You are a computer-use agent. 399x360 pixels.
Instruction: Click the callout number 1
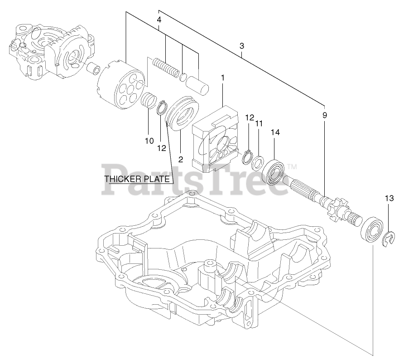tap(223, 78)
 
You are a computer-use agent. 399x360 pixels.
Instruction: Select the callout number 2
tap(180, 159)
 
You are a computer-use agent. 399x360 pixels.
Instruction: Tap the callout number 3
tap(242, 46)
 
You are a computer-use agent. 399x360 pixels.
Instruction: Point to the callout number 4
tap(159, 20)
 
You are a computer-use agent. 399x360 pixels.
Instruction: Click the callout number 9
tap(324, 115)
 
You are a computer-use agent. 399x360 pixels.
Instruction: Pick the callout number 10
tap(149, 141)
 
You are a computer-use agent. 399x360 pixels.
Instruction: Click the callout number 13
tap(389, 198)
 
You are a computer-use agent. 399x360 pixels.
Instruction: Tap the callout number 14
tap(275, 132)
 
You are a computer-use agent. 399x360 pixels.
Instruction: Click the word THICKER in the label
tap(123, 179)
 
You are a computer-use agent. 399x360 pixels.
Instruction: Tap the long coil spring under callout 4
tap(166, 67)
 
